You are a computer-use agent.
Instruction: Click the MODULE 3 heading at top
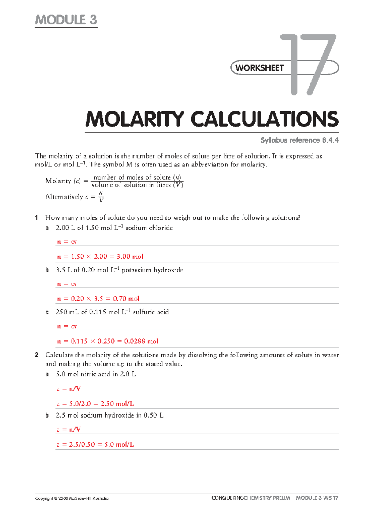pyautogui.click(x=66, y=20)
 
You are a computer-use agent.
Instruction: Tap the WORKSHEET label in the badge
pyautogui.click(x=260, y=68)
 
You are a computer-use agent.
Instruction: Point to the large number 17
pyautogui.click(x=309, y=65)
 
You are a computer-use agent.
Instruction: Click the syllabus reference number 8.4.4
pyautogui.click(x=330, y=140)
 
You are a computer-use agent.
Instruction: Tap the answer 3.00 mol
pyautogui.click(x=130, y=257)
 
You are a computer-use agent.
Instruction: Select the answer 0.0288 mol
pyautogui.click(x=141, y=341)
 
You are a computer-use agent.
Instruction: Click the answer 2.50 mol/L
pyautogui.click(x=117, y=404)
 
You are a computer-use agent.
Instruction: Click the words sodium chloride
pyautogui.click(x=149, y=228)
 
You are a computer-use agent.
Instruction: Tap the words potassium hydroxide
pyautogui.click(x=152, y=270)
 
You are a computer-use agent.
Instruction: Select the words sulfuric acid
pyautogui.click(x=151, y=312)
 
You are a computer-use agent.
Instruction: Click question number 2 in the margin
pyautogui.click(x=37, y=355)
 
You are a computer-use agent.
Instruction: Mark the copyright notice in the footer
pyautogui.click(x=72, y=498)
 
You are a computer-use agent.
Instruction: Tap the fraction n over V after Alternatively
pyautogui.click(x=101, y=197)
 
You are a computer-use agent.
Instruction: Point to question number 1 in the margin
pyautogui.click(x=37, y=218)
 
